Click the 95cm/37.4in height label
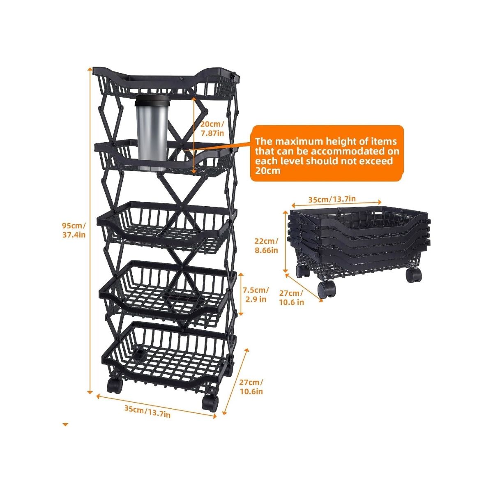pos(74,230)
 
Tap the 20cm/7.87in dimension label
pos(212,129)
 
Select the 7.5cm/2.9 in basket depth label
pos(256,295)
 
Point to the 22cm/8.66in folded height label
pos(266,245)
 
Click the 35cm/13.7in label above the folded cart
pos(332,199)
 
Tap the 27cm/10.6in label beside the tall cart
pos(251,394)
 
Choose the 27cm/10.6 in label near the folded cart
pos(291,297)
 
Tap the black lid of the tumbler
pos(152,100)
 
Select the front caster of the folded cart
pos(327,289)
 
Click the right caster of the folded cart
pos(413,275)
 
